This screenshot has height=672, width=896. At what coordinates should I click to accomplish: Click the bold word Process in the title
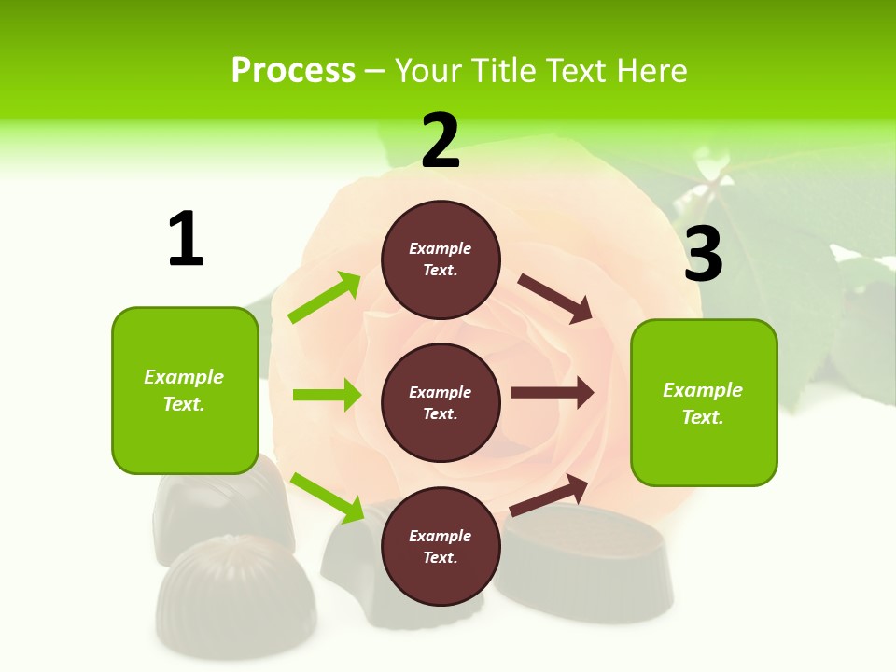tap(293, 71)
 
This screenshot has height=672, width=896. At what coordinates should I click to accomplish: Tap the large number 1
tap(186, 239)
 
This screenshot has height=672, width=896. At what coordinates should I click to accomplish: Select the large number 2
tap(441, 141)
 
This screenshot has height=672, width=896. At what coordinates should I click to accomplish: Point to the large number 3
tap(703, 254)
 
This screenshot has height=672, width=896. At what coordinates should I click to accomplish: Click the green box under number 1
tap(185, 390)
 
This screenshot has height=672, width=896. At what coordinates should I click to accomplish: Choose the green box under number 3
tap(704, 403)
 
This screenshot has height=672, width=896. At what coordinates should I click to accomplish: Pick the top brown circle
tap(441, 259)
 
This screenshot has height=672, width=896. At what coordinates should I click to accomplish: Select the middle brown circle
tap(441, 402)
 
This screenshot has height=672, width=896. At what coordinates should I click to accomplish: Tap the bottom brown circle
tap(441, 546)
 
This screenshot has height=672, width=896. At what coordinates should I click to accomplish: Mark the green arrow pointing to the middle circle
tap(327, 395)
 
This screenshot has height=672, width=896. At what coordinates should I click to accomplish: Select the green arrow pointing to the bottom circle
tap(327, 497)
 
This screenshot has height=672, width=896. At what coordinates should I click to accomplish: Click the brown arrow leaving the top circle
tap(555, 299)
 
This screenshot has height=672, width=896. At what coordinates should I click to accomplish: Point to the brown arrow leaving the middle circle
tap(553, 393)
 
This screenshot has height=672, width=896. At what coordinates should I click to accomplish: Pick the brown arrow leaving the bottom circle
tap(550, 495)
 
